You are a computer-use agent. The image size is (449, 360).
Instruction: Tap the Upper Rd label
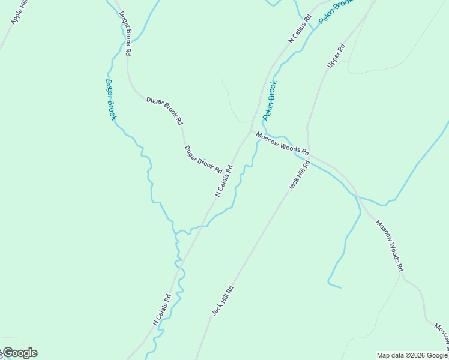coord(336,55)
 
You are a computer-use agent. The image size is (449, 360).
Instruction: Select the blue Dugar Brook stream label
coord(110,100)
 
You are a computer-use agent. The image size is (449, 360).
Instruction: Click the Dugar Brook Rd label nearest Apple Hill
coord(125,34)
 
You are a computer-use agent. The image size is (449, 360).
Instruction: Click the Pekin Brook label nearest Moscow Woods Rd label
coord(269,100)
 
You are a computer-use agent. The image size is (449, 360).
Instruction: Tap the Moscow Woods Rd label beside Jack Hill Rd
coord(282,143)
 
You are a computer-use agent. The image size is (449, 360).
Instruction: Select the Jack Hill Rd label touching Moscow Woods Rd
coord(299,175)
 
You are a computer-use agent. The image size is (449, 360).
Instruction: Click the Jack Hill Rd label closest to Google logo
coord(222,301)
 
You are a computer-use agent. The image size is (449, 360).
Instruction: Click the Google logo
coord(19,353)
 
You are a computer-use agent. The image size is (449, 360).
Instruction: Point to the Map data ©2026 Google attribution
coord(412,355)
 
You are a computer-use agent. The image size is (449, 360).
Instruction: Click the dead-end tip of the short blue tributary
coord(340,287)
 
